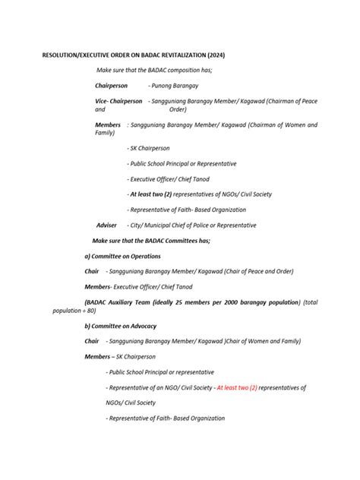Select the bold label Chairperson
[111, 86]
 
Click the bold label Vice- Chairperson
[118, 101]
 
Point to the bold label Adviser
[106, 225]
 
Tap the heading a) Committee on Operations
[122, 257]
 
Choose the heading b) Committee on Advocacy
[121, 326]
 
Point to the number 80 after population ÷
[90, 311]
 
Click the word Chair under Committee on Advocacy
[92, 341]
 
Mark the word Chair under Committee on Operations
[92, 271]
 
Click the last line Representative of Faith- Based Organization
[166, 418]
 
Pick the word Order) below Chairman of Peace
[178, 109]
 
